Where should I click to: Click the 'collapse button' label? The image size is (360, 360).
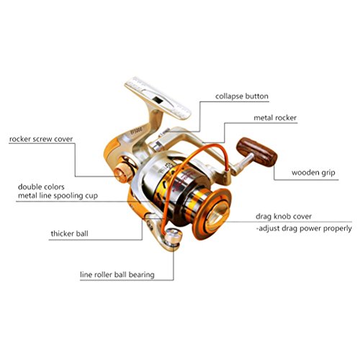[242, 96]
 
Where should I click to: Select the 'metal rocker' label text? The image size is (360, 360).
[275, 118]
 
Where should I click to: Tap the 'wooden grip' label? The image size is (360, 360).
[313, 173]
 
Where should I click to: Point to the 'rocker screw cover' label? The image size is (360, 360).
[41, 139]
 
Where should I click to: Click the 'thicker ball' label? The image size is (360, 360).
[69, 233]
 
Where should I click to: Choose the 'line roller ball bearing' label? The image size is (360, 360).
[117, 274]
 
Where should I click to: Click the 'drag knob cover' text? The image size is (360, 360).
[284, 217]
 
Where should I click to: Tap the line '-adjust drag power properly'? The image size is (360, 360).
[304, 228]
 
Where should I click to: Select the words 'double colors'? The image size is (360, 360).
[41, 186]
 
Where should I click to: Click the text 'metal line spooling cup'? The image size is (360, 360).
[58, 196]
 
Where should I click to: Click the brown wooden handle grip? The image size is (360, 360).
[257, 152]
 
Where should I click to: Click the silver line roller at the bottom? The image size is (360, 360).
[174, 237]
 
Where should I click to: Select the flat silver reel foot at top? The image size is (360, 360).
[158, 98]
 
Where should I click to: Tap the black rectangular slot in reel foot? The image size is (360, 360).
[158, 100]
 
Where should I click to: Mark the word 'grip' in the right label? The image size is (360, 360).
[328, 173]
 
